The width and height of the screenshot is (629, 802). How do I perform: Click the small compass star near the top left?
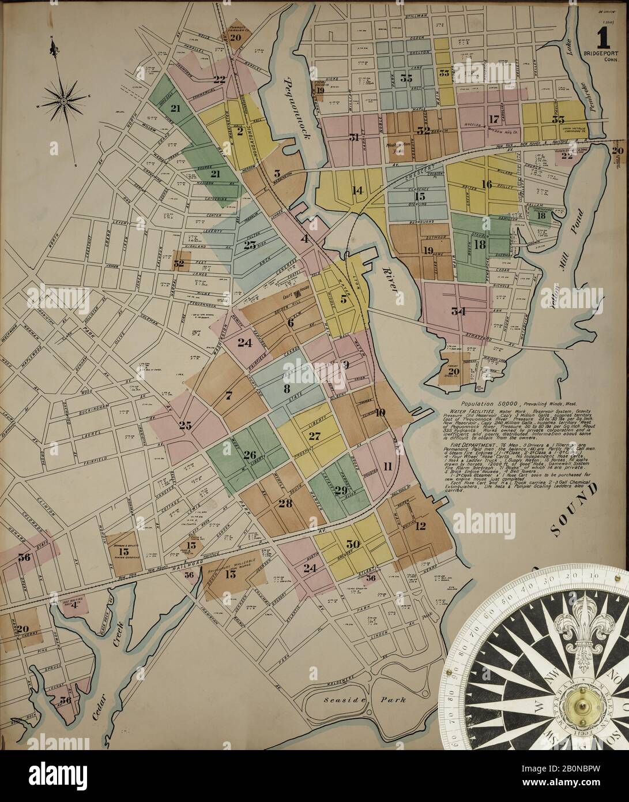[62, 100]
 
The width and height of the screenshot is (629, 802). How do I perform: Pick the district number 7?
[228, 395]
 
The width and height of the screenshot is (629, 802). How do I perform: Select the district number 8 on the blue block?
[286, 388]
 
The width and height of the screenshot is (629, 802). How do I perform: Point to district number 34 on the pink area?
[458, 312]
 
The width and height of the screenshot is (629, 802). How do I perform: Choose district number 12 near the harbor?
[419, 525]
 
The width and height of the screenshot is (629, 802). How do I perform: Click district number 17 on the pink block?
[493, 119]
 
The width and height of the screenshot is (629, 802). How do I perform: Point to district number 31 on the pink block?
[354, 137]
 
